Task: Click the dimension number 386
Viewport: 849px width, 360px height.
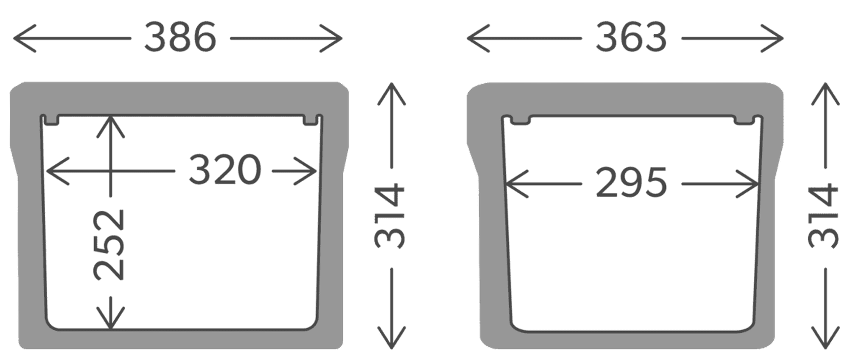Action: click(x=180, y=38)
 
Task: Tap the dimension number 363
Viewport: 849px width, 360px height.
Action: click(x=631, y=38)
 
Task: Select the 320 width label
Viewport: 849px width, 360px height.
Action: click(x=225, y=170)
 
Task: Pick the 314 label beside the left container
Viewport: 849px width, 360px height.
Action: click(x=391, y=216)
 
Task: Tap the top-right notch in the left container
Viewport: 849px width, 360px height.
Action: click(x=311, y=120)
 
